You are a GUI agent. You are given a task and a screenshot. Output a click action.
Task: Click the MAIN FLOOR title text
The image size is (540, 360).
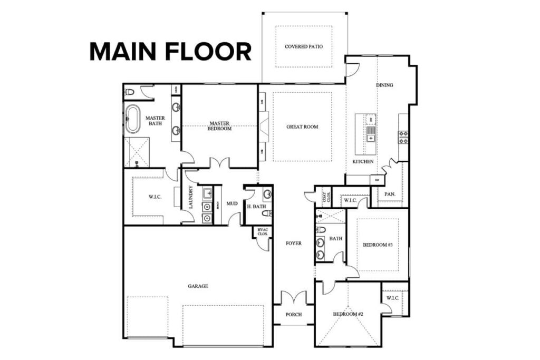(x=170, y=52)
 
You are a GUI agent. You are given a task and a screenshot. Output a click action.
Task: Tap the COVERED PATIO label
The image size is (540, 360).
(x=304, y=46)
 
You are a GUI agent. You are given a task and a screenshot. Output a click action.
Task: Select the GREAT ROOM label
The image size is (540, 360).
(x=302, y=127)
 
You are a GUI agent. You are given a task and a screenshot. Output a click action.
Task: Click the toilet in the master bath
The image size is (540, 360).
(x=129, y=92)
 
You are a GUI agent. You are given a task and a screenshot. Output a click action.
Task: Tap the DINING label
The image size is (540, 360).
(x=384, y=85)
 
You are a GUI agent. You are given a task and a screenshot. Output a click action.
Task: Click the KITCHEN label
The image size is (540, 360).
(x=363, y=161)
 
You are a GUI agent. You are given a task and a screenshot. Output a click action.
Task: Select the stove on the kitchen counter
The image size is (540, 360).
(x=403, y=137)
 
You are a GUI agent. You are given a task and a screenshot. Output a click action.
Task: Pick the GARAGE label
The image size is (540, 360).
(x=198, y=286)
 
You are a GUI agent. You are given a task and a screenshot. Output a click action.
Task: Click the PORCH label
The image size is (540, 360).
(x=294, y=315)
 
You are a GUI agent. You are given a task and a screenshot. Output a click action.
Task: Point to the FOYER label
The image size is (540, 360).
(x=293, y=244)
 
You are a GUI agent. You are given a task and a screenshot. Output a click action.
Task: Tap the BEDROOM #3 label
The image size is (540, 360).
(x=377, y=245)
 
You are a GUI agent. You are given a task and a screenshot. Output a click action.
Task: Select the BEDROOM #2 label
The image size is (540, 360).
(x=347, y=315)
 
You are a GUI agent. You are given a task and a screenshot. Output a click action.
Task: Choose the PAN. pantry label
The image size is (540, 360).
(x=390, y=194)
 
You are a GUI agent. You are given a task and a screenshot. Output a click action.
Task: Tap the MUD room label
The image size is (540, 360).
(x=232, y=203)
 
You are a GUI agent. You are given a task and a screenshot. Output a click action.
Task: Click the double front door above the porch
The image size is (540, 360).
(x=293, y=298)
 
